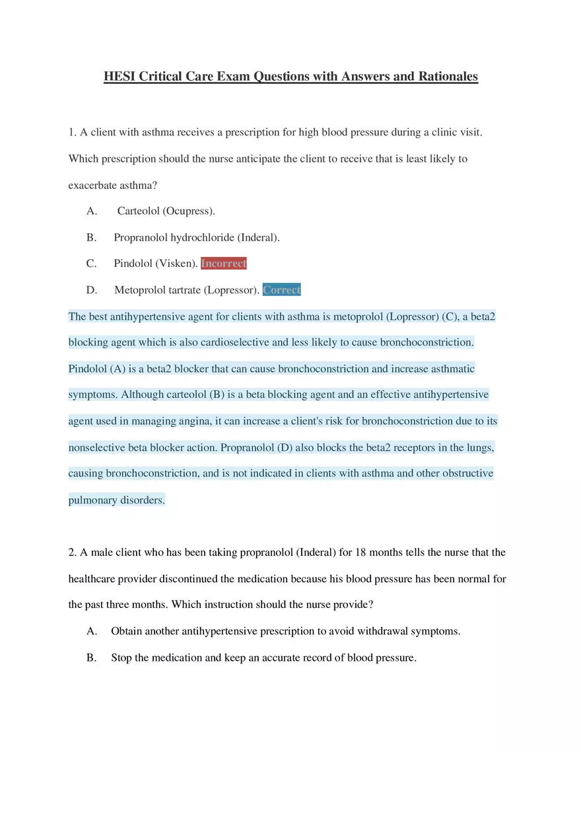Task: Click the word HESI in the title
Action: [120, 77]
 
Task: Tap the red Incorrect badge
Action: [224, 264]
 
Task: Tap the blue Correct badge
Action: [282, 290]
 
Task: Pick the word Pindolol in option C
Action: [133, 264]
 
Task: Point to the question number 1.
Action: [72, 132]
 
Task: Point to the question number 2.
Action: [72, 552]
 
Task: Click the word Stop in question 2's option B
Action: [121, 657]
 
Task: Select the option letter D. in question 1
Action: [92, 290]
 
